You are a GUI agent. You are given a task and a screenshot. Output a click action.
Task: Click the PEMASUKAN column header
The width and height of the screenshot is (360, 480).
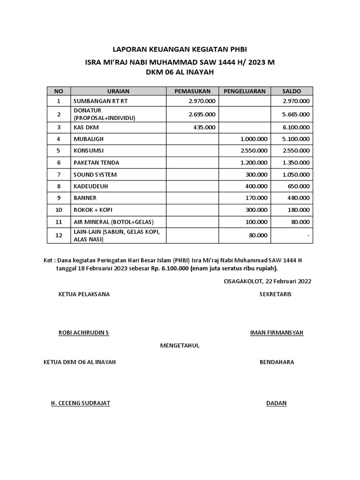[192, 91]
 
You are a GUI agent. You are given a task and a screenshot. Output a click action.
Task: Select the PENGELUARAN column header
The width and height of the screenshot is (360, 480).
[244, 91]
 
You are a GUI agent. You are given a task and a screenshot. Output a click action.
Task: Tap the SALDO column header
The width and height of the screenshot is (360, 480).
[292, 91]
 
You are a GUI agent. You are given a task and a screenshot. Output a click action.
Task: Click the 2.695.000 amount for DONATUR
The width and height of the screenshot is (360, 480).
[202, 114]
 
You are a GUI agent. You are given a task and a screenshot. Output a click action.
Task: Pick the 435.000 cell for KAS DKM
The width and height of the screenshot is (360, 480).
[204, 127]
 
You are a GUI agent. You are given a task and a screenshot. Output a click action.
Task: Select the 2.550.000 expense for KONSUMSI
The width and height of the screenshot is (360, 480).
[254, 150]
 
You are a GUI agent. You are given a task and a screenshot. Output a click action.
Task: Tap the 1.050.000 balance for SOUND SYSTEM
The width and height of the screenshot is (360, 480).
[295, 174]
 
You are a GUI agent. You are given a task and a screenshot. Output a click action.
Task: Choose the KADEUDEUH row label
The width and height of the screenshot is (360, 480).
[90, 186]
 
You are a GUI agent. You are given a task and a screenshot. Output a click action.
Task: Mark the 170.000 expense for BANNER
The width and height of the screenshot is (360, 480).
[256, 198]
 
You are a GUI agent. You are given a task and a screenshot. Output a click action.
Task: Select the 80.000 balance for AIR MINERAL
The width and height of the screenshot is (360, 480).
[300, 221]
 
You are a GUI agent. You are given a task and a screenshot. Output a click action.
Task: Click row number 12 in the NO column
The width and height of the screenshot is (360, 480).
[59, 235]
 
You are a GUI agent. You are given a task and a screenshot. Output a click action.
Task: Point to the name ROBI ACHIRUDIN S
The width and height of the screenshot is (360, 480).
[83, 333]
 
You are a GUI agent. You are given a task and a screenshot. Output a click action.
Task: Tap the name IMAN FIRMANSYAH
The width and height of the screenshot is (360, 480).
[277, 333]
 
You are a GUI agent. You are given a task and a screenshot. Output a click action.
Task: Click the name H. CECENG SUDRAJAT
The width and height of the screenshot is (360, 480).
[81, 403]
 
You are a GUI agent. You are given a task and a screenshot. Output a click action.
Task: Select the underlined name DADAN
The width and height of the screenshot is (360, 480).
[276, 403]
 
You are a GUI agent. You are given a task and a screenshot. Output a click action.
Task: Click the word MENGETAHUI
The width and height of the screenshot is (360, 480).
[180, 346]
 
